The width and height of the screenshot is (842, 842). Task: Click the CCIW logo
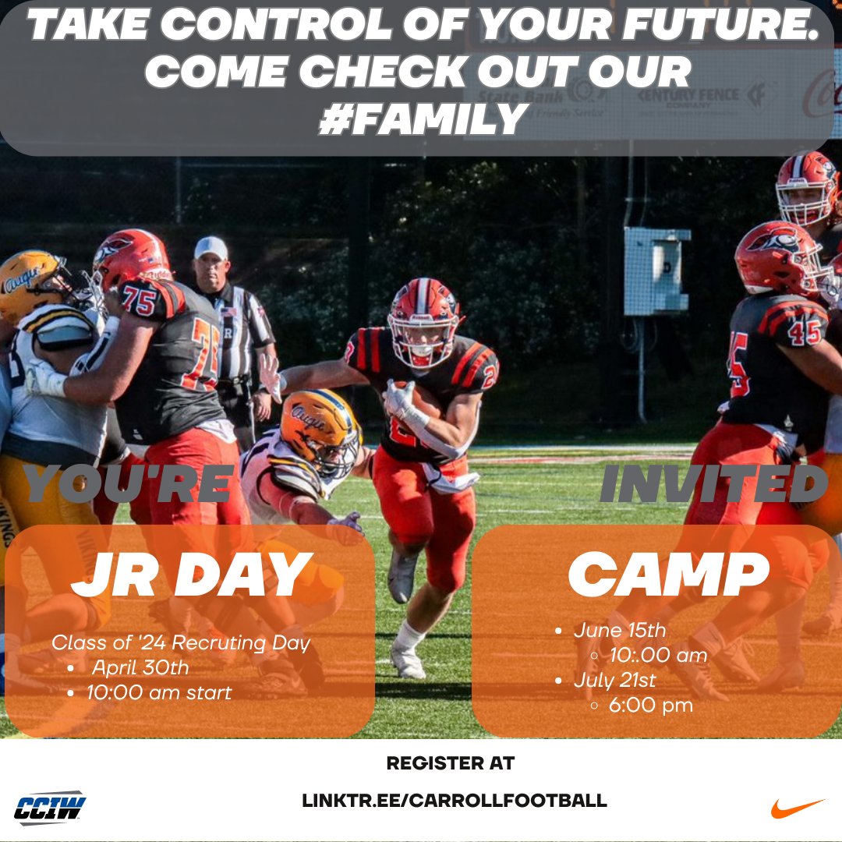coord(51,808)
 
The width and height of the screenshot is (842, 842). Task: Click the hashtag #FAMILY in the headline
coord(421,119)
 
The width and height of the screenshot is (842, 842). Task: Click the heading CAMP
coord(668,575)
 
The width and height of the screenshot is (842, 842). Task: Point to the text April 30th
coord(140,667)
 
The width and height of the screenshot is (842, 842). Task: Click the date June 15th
coord(621,630)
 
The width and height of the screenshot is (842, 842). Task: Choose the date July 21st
coord(615,680)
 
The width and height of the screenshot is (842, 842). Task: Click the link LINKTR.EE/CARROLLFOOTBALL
coord(455,800)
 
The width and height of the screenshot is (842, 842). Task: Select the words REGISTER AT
coord(451,763)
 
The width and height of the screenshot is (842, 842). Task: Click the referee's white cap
coord(210,248)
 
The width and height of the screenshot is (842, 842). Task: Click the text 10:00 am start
coord(159,692)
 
